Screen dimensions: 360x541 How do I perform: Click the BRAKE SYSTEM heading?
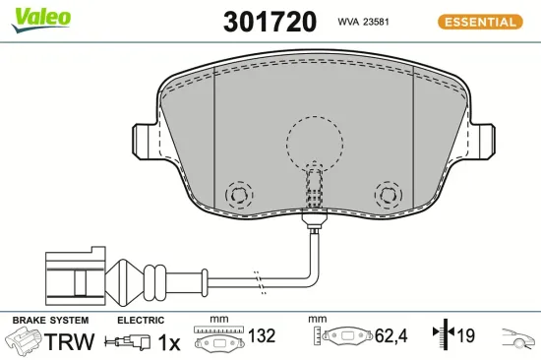click(x=48, y=321)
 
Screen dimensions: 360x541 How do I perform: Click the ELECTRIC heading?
click(x=141, y=321)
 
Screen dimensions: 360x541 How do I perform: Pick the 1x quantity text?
click(x=169, y=341)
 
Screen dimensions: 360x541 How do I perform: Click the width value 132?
click(x=261, y=336)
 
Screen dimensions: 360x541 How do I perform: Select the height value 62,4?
click(x=391, y=336)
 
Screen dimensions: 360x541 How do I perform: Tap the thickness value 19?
click(x=465, y=336)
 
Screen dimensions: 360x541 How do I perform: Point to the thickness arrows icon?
click(x=441, y=336)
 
